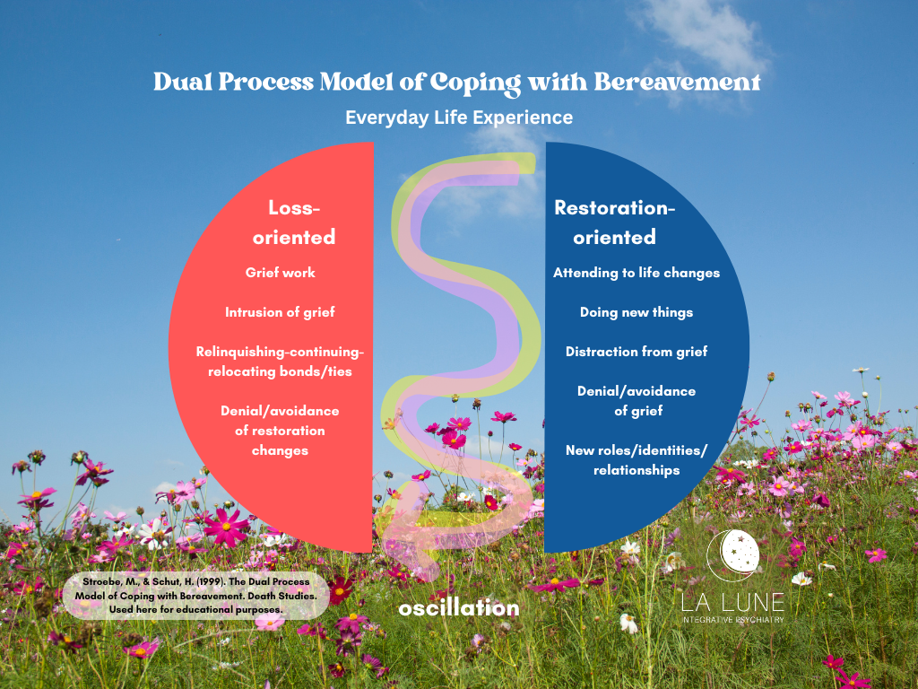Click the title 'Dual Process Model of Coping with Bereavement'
[457, 82]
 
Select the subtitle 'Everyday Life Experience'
[459, 118]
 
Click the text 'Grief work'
[281, 273]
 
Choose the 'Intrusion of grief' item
[281, 312]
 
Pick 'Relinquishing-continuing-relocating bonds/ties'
[281, 362]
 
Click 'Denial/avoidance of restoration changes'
[281, 431]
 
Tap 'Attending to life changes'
[637, 273]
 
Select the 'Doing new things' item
[637, 312]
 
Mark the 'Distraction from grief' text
[637, 352]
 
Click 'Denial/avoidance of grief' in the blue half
[637, 401]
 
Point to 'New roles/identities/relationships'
[637, 460]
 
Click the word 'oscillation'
[459, 608]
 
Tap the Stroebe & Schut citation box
[195, 595]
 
